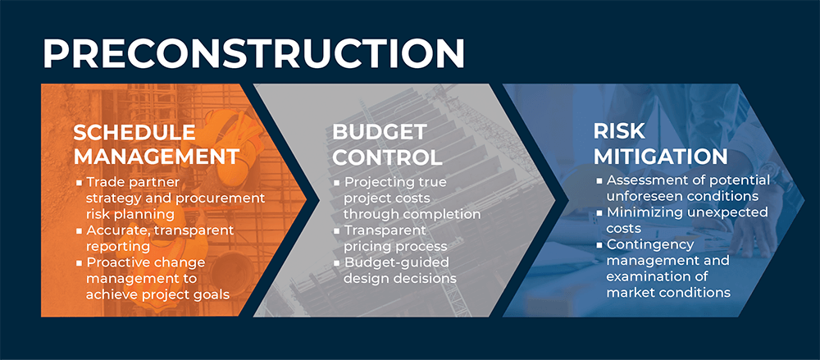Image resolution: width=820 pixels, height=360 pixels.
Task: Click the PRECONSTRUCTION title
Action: click(253, 52)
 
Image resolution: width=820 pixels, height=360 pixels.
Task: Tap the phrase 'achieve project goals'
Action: click(158, 294)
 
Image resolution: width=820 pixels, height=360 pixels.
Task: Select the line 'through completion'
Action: click(412, 215)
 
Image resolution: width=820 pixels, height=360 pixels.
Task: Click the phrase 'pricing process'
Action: click(395, 247)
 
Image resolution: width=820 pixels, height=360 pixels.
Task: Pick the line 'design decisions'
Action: click(400, 278)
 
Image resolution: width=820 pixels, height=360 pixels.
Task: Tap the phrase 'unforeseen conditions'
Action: click(682, 197)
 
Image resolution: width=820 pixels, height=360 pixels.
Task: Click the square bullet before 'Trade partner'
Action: click(79, 183)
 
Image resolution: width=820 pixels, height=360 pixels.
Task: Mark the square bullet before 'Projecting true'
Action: click(337, 183)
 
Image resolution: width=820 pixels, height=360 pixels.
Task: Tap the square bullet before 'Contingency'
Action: click(599, 244)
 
